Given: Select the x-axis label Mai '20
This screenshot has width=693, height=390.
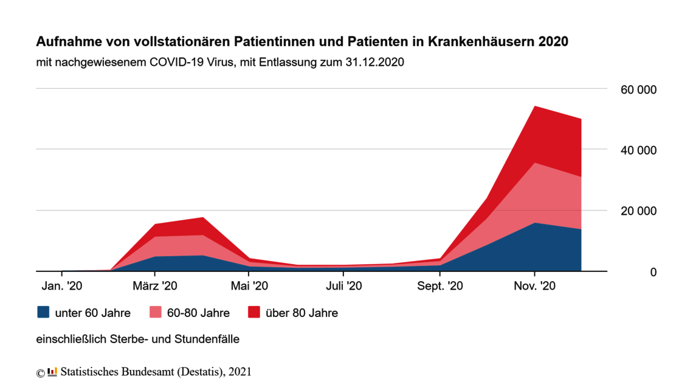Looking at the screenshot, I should pos(249,286).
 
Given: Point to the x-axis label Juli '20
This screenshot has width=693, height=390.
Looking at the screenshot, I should pos(343,286).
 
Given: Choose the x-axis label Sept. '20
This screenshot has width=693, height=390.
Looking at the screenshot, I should pos(439,286).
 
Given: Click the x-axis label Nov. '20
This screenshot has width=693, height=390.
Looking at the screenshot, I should pos(534,286).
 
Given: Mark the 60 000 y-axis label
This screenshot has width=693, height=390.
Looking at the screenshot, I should pos(638,90).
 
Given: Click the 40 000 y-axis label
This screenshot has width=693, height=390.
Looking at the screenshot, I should pos(638,150).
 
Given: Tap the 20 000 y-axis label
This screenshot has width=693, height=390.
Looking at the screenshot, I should pos(638,211).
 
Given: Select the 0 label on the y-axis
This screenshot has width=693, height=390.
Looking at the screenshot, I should pos(653,272).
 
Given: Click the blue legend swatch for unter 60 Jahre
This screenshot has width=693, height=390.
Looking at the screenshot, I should pos(43,312).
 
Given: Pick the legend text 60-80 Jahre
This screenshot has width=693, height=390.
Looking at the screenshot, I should pos(198,313).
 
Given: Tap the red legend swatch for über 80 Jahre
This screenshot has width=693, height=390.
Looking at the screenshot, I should pos(254,312).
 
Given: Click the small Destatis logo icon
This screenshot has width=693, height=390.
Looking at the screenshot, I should pos(52,371).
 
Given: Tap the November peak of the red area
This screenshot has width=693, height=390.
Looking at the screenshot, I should pos(534,107).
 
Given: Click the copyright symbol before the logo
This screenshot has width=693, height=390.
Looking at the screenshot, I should pos(41,372).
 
